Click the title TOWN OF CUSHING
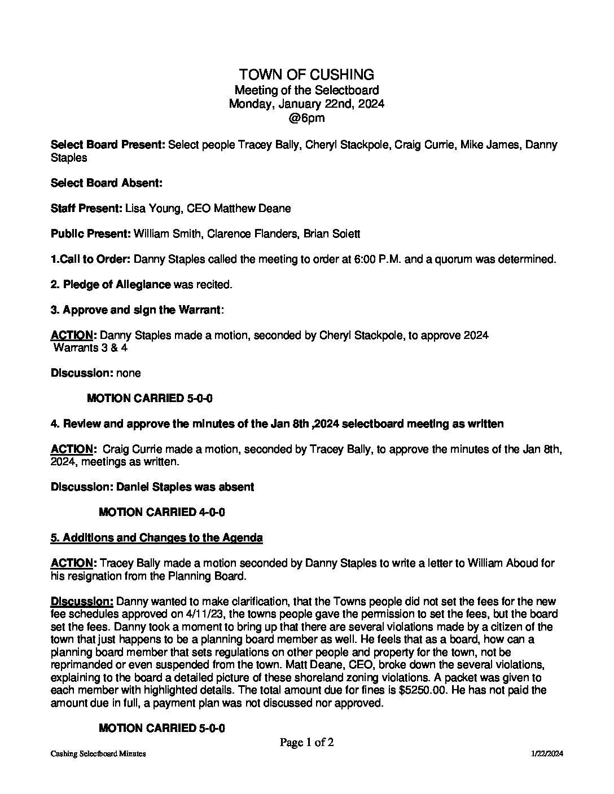(x=306, y=74)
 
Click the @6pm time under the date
(x=306, y=118)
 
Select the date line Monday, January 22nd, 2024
(x=306, y=104)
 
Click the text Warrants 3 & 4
(x=90, y=348)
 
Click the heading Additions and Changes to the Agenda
(x=156, y=538)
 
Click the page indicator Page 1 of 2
(x=306, y=743)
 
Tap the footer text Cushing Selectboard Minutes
(x=98, y=754)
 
